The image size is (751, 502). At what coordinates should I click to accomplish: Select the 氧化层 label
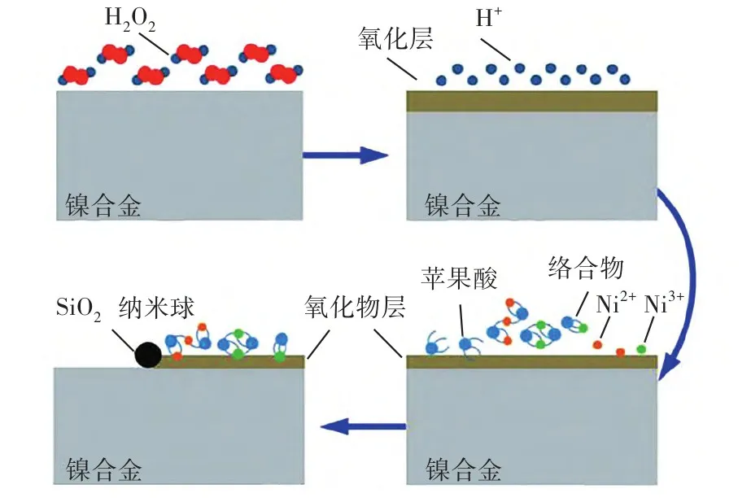point(386,40)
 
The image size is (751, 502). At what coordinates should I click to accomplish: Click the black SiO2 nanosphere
point(148,355)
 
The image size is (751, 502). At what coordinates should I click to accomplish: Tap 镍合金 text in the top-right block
point(462,204)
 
